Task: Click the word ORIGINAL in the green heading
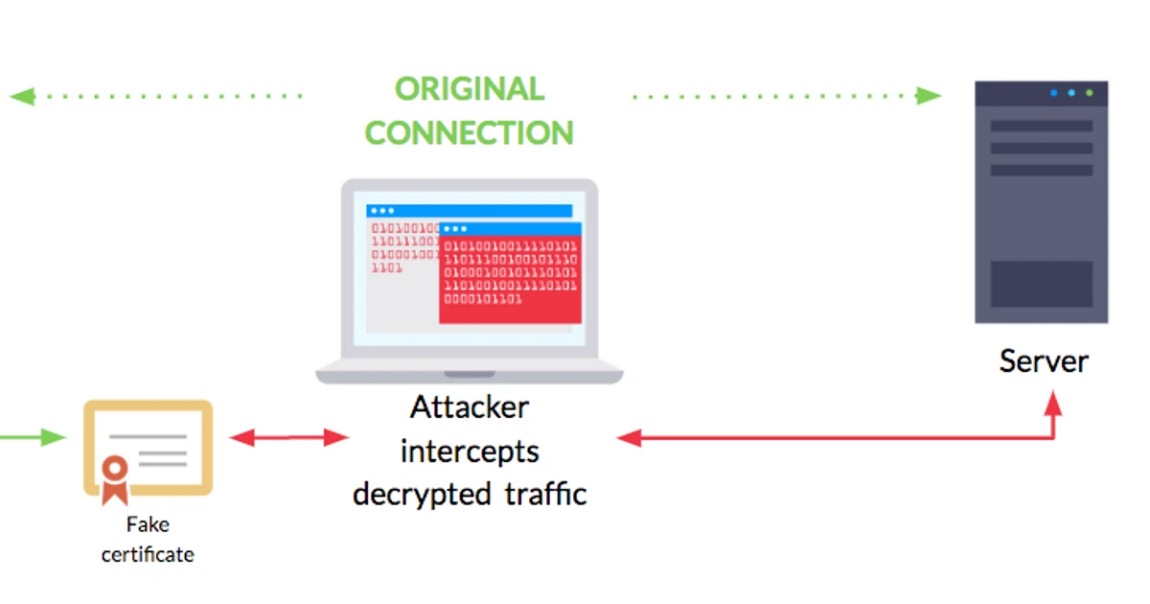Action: pos(469,89)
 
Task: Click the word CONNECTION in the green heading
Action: pos(469,132)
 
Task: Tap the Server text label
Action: pos(1044,361)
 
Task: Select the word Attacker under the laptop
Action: pos(470,407)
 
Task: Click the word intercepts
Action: pos(470,451)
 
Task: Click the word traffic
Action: pos(545,494)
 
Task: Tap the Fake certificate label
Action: pos(148,540)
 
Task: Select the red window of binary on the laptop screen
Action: pos(510,278)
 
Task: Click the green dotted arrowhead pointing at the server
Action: pos(929,95)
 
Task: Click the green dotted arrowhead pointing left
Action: pos(21,96)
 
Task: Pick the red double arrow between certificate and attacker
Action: pos(289,438)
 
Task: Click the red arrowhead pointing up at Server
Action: pos(1053,402)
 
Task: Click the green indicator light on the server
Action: pos(1089,93)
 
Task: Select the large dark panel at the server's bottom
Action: pos(1041,284)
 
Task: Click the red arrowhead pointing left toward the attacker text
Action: pos(629,438)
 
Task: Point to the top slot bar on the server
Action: pos(1041,126)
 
